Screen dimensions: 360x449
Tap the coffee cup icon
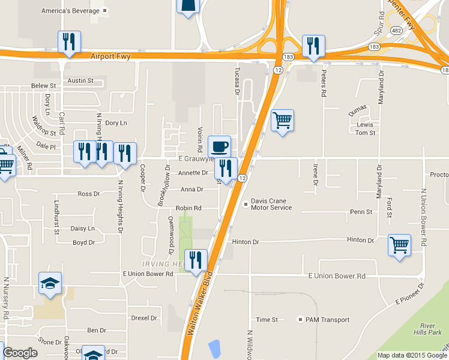point(220,146)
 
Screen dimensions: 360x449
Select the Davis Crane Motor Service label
point(271,204)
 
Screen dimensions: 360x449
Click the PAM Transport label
point(327,319)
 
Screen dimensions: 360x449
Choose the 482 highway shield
point(396,30)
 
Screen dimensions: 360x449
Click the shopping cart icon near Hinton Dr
point(400,245)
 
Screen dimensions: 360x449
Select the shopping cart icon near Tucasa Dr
point(282,120)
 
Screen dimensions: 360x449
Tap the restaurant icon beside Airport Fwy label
point(69,41)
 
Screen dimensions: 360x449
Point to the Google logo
point(20,353)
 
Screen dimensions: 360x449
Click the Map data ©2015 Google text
point(412,355)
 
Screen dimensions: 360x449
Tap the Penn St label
point(361,212)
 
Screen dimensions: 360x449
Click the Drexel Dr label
point(144,318)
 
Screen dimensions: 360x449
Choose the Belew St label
point(43,86)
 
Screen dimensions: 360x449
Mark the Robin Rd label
point(188,208)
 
